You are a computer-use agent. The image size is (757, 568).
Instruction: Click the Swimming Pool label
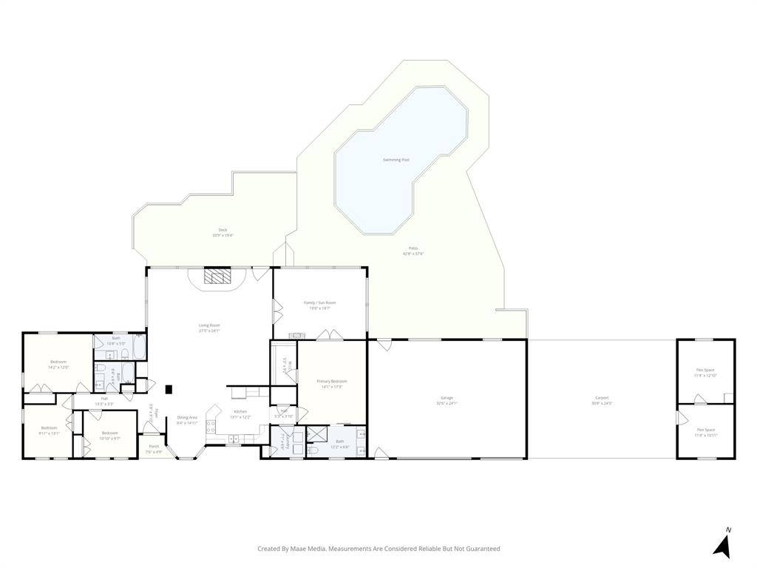click(396, 160)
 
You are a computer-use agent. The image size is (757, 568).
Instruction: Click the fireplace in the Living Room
click(218, 277)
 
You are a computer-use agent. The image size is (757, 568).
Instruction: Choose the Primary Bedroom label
click(332, 381)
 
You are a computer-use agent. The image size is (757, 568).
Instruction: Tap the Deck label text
click(223, 230)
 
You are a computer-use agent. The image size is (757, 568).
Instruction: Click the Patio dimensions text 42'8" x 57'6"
click(413, 254)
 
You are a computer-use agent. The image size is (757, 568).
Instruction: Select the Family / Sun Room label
click(319, 302)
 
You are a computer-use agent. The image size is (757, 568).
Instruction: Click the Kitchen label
click(240, 411)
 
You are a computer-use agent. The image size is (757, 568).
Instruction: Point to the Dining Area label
click(187, 417)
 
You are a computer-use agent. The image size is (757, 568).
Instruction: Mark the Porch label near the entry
click(154, 446)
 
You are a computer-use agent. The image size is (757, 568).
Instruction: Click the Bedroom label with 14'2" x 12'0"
click(58, 362)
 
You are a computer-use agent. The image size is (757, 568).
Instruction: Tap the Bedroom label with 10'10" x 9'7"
click(109, 433)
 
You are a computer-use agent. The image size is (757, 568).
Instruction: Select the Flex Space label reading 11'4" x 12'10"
click(705, 370)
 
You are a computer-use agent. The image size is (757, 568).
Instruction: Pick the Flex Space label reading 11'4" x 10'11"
click(705, 430)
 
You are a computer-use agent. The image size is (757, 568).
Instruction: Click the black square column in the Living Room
click(169, 389)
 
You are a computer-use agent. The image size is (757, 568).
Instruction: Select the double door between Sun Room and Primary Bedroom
click(325, 336)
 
